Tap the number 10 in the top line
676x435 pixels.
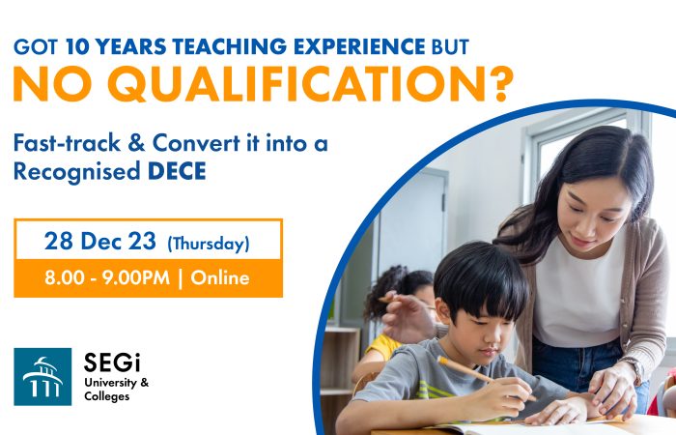coord(76,46)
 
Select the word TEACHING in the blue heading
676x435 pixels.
coord(229,46)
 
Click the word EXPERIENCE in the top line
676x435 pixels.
coord(359,46)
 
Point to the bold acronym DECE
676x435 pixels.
coord(177,171)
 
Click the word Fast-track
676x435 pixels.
coord(67,143)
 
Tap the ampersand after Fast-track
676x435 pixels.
coord(136,143)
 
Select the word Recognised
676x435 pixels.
coord(77,172)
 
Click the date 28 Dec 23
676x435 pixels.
coord(100,241)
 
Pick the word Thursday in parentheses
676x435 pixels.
coord(209,244)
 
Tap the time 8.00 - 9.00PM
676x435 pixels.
coord(107,278)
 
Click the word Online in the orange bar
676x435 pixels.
coord(220,278)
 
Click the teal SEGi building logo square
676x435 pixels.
coord(42,377)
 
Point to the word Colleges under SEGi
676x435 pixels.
coord(107,396)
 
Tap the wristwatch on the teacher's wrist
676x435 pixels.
coord(634,370)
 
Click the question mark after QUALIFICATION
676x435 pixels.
coord(504,85)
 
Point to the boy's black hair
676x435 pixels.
coord(481,279)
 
